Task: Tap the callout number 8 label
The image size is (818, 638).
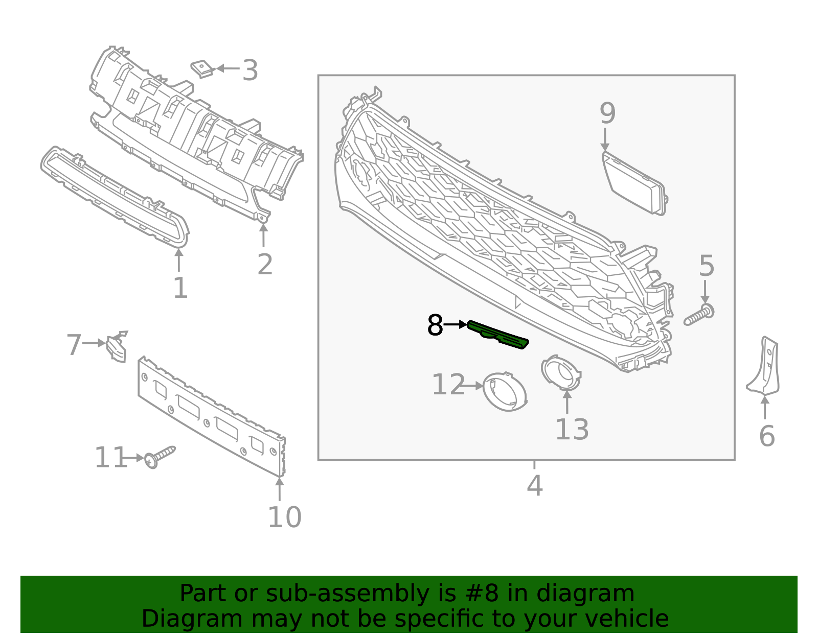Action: click(x=435, y=325)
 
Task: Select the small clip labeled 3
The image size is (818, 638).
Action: click(x=202, y=68)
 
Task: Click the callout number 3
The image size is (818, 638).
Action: click(x=250, y=70)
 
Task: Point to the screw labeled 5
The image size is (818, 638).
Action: click(x=699, y=315)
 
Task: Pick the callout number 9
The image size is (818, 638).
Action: click(x=607, y=113)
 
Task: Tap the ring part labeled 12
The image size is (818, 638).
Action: click(x=504, y=391)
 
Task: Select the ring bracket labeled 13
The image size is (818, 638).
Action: click(x=561, y=372)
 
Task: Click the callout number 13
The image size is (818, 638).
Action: click(x=572, y=429)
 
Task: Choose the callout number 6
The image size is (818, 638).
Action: click(x=767, y=436)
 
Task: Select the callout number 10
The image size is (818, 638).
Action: click(x=284, y=517)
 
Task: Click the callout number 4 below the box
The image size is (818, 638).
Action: click(x=534, y=485)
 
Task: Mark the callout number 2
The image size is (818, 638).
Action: click(x=265, y=264)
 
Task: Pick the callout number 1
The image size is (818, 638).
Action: click(x=180, y=288)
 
